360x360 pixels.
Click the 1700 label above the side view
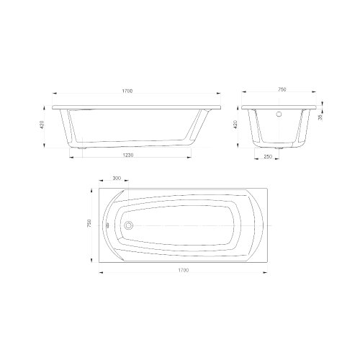pyautogui.click(x=127, y=91)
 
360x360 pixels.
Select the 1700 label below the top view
pyautogui.click(x=184, y=270)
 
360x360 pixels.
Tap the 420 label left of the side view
pyautogui.click(x=42, y=125)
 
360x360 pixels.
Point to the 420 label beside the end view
pyautogui.click(x=235, y=125)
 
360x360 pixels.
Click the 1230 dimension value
pyautogui.click(x=128, y=155)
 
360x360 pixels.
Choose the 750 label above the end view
pyautogui.click(x=282, y=89)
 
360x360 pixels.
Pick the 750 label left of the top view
pyautogui.click(x=89, y=223)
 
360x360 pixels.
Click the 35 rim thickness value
pyautogui.click(x=320, y=117)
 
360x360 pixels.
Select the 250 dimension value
pyautogui.click(x=268, y=156)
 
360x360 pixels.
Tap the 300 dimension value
pyautogui.click(x=117, y=178)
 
